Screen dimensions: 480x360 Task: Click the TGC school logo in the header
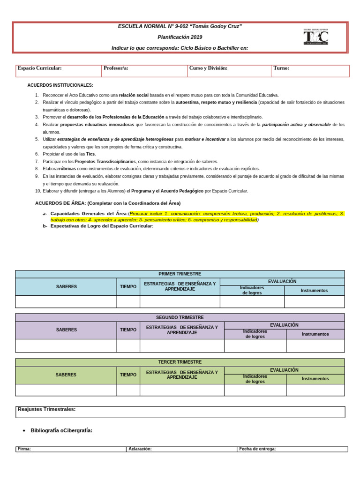pos(316,37)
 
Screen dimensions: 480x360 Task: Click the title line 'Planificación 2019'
pos(180,37)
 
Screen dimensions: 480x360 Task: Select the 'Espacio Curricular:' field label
pos(40,68)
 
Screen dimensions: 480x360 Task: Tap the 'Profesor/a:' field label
pos(116,68)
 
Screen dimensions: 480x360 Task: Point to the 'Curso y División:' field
pos(208,68)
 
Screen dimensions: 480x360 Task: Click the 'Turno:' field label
pos(281,68)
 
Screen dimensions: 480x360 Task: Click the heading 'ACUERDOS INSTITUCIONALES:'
pos(60,85)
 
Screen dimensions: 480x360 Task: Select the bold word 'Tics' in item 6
pos(90,154)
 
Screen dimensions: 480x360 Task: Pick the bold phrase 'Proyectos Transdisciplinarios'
pos(105,161)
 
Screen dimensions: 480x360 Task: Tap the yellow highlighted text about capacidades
pos(197,217)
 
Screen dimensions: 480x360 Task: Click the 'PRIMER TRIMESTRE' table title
pos(180,274)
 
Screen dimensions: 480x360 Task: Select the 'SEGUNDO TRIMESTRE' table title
pos(180,317)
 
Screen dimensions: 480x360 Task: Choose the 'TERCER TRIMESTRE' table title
pos(180,362)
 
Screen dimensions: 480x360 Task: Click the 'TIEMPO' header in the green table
pos(128,375)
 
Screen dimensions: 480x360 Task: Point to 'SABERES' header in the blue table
pos(66,286)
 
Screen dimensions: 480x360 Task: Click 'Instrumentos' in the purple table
pos(315,334)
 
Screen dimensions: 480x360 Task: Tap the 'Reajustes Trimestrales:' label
pos(46,410)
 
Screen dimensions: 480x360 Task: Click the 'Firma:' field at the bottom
pos(24,449)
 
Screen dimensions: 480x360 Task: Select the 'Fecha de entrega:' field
pos(257,449)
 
